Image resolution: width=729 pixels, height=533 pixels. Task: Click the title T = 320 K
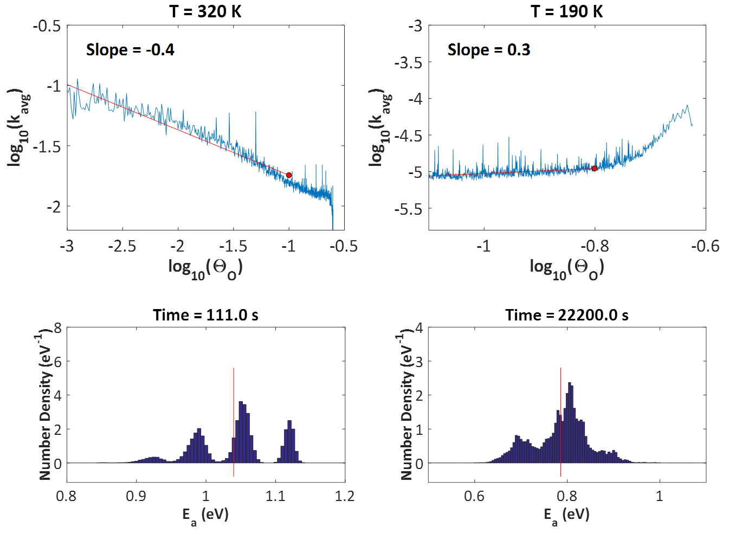tap(205, 11)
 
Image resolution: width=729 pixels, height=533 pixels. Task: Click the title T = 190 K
tap(566, 11)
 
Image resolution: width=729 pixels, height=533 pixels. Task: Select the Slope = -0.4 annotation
tap(130, 50)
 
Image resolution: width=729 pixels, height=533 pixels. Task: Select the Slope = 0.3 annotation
tap(489, 50)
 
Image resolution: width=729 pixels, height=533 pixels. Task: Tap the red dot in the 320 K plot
tap(289, 175)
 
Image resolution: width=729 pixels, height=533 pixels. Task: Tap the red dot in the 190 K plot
tap(595, 169)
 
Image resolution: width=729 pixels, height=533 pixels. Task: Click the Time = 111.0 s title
tap(205, 315)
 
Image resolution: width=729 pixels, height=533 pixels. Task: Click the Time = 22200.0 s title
tap(567, 315)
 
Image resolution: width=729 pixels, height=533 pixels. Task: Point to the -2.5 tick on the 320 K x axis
tap(122, 247)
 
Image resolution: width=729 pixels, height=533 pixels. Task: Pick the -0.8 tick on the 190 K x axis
tap(595, 247)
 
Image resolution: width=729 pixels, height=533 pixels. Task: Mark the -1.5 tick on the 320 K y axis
tap(47, 146)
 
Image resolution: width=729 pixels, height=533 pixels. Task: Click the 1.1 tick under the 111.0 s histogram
tap(275, 496)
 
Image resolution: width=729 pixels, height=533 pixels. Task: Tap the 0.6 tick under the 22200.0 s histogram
tap(474, 496)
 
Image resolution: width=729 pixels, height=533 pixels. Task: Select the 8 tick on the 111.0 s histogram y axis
tap(57, 328)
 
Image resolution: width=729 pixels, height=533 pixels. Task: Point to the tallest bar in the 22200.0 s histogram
tap(570, 423)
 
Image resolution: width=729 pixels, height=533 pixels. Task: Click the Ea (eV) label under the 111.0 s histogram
tap(205, 515)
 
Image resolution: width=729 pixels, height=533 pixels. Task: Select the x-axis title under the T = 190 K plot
tap(567, 267)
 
